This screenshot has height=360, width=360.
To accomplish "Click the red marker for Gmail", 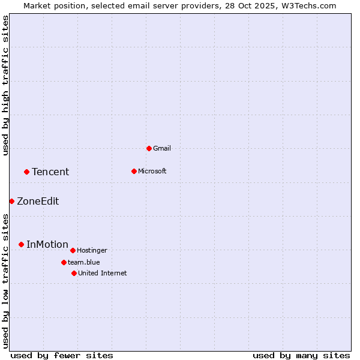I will pyautogui.click(x=149, y=148).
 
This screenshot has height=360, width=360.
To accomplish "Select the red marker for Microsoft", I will pyautogui.click(x=134, y=171).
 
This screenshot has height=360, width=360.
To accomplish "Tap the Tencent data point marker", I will pyautogui.click(x=26, y=172).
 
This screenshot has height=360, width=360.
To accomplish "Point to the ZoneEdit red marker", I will pyautogui.click(x=11, y=201).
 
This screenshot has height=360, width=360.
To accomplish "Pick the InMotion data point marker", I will pyautogui.click(x=21, y=244).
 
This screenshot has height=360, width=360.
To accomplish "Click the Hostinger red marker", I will pyautogui.click(x=73, y=250).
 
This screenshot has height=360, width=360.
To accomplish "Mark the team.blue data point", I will pyautogui.click(x=64, y=262).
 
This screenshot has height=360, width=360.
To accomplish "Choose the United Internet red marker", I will pyautogui.click(x=74, y=273).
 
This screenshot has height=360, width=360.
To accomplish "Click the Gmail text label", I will pyautogui.click(x=162, y=148).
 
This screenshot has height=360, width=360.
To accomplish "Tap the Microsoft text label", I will pyautogui.click(x=152, y=171).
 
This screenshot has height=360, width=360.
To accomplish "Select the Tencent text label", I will pyautogui.click(x=50, y=172).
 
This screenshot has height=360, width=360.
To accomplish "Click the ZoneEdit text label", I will pyautogui.click(x=38, y=201).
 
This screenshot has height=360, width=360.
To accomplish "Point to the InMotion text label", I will pyautogui.click(x=47, y=244).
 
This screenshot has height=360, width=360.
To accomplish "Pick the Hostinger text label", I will pyautogui.click(x=92, y=250).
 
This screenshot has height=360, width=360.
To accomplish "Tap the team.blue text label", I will pyautogui.click(x=83, y=262).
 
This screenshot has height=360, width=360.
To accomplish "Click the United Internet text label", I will pyautogui.click(x=102, y=273).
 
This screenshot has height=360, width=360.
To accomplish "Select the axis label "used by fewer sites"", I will pyautogui.click(x=62, y=355).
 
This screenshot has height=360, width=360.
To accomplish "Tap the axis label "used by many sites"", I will pyautogui.click(x=301, y=355).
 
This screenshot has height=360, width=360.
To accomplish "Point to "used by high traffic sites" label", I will pyautogui.click(x=5, y=85).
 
